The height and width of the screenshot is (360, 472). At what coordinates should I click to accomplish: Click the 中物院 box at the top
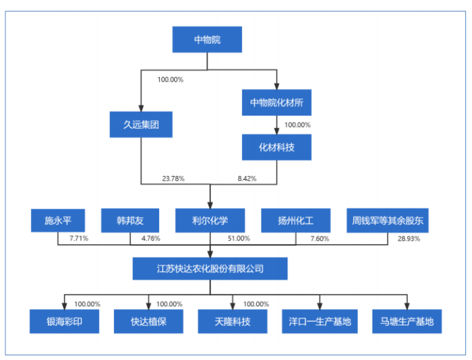207,39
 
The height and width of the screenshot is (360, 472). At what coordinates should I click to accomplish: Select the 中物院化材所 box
276,102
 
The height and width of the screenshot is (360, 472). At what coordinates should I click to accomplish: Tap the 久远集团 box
141,125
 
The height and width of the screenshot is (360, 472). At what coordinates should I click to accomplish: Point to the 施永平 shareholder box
57,220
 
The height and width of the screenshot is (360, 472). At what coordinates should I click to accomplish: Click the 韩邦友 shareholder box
130,220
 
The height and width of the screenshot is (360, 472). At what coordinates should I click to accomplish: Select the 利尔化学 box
210,220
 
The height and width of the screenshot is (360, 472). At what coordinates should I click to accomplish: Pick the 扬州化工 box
295,220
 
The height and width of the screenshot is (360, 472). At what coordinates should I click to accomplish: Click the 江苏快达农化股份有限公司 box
210,268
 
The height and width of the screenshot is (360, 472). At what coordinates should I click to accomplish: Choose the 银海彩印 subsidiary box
64,322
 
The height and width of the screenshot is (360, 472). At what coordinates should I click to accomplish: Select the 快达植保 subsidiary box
148,322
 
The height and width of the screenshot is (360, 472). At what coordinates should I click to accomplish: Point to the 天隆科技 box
233,322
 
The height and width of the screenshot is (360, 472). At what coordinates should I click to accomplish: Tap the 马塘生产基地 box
407,322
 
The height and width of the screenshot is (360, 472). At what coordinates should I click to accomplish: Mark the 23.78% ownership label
173,179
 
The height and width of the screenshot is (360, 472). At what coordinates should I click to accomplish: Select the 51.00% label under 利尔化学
239,238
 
